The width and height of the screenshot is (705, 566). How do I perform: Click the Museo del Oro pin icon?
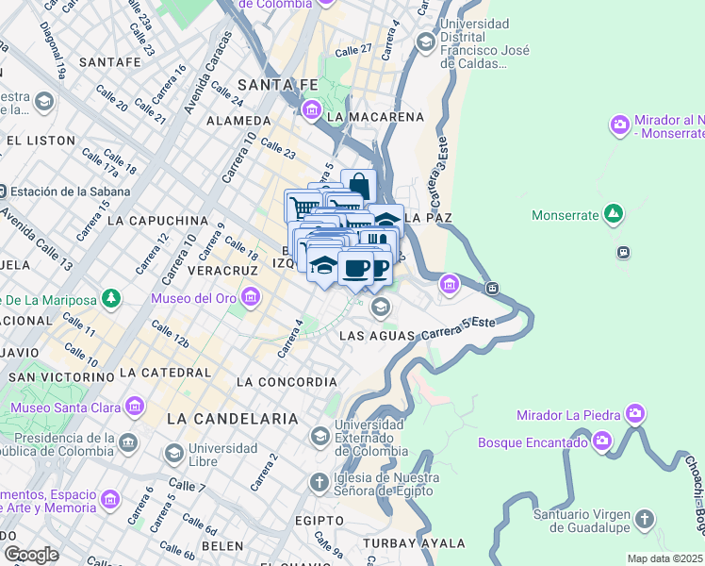(x=250, y=300)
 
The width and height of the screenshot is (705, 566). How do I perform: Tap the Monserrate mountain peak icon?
(x=614, y=214)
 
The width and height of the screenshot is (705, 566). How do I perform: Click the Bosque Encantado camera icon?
(x=602, y=441)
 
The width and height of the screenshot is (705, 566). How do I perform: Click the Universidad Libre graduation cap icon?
(x=173, y=455)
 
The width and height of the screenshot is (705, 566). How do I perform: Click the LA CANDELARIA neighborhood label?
(x=232, y=418)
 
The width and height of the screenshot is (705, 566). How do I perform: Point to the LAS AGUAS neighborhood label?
(x=375, y=336)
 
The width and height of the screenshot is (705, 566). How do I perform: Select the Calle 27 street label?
(x=353, y=49)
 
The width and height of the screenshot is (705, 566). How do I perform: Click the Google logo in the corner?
(x=31, y=554)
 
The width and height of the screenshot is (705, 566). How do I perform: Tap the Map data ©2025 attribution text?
(x=664, y=558)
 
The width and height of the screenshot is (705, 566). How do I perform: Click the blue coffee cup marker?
(x=355, y=269)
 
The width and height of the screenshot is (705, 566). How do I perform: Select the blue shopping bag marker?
(x=358, y=186)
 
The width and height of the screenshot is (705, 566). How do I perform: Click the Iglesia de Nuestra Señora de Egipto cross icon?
(x=319, y=482)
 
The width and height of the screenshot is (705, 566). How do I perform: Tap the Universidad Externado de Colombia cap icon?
(x=319, y=436)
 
